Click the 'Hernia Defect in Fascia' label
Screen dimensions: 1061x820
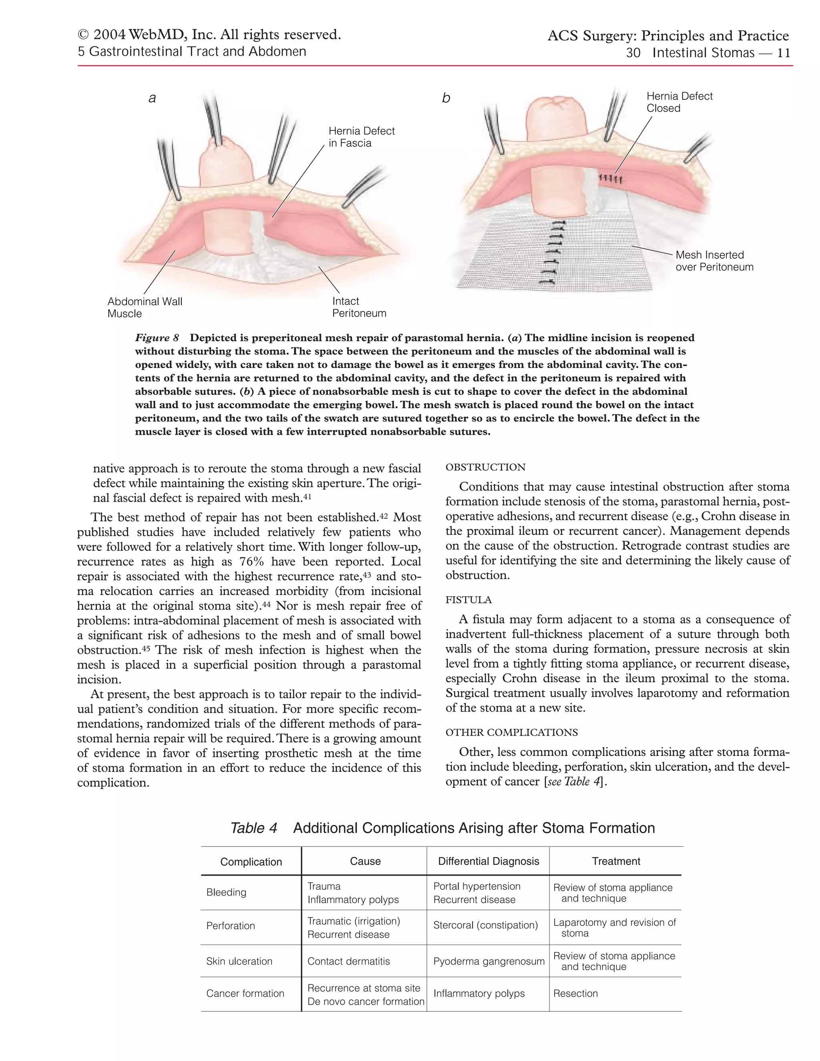point(362,137)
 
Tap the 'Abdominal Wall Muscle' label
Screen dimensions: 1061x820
point(145,307)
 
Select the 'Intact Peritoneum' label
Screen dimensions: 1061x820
point(359,307)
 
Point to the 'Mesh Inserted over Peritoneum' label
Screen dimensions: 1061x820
point(714,261)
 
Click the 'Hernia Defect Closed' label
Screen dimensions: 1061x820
point(679,102)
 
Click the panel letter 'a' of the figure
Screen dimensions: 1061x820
point(152,98)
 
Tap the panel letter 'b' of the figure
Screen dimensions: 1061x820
point(446,98)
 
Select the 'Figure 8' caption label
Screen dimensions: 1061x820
point(157,338)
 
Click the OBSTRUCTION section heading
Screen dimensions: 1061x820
point(485,467)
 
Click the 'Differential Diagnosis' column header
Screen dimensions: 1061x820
point(488,861)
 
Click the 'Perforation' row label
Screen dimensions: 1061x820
point(230,926)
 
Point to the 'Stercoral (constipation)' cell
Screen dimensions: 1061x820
point(485,925)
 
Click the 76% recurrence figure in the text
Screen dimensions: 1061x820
point(251,562)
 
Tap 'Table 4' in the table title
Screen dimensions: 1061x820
point(253,828)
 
